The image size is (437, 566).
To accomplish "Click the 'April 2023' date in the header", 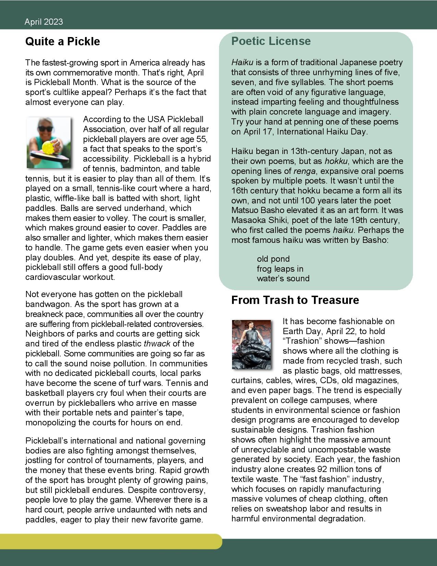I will [x=44, y=22].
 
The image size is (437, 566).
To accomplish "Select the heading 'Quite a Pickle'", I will [x=63, y=42].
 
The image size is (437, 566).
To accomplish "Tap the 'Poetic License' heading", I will [x=271, y=41].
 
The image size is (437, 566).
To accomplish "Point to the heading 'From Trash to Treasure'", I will [x=295, y=300].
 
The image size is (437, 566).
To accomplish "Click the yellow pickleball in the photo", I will [x=47, y=147].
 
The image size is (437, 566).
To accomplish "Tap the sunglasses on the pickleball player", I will [x=46, y=129].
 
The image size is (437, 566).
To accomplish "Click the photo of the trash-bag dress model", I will [x=251, y=344].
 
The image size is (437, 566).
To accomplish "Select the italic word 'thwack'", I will [x=157, y=344].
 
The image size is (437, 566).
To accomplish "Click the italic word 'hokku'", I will [x=336, y=161].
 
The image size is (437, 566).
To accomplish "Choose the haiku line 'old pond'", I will [x=273, y=259].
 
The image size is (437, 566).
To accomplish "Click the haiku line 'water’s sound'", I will [x=283, y=279].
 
